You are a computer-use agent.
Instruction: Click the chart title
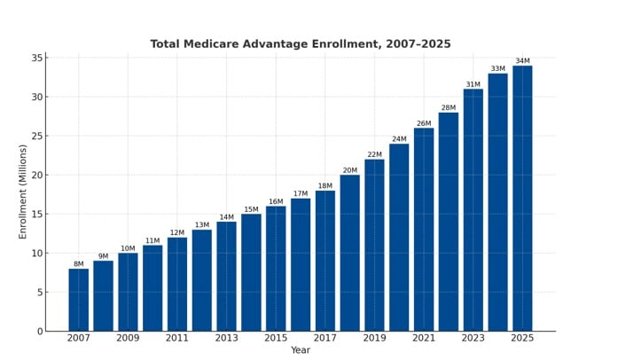(x=300, y=44)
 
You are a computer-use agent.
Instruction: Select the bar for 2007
(x=79, y=300)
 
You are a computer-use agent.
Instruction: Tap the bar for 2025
(x=522, y=198)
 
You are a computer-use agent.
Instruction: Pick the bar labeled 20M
(x=349, y=253)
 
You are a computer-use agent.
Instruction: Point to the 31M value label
(x=473, y=84)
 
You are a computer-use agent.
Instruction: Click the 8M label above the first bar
(x=79, y=264)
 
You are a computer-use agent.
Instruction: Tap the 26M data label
(x=424, y=123)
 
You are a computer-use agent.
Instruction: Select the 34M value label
(x=522, y=61)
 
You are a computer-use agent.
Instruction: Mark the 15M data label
(x=251, y=209)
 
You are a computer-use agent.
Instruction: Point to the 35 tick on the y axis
(x=37, y=59)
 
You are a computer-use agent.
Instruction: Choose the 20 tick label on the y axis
(x=37, y=176)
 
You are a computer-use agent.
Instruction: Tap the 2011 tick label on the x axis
(x=177, y=338)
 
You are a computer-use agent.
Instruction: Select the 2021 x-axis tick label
(x=424, y=338)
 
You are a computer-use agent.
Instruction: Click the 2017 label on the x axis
(x=325, y=338)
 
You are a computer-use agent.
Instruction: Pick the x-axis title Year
(x=301, y=350)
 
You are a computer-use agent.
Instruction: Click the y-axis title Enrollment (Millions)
(x=23, y=192)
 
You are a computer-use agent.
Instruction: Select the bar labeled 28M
(x=448, y=222)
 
